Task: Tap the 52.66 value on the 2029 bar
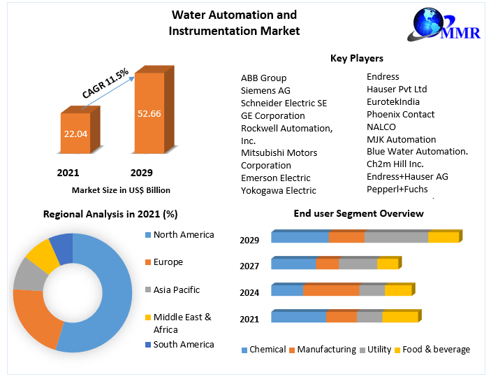[150, 113]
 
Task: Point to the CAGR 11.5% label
[105, 83]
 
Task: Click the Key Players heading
[356, 58]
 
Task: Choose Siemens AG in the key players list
[265, 90]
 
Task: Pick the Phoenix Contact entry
[400, 114]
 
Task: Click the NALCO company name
[381, 127]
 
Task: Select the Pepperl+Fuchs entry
[397, 189]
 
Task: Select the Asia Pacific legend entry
[176, 289]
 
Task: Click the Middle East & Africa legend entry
[182, 323]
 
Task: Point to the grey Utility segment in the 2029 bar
[396, 237]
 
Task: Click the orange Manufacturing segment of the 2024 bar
[330, 290]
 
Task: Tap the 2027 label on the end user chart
[249, 266]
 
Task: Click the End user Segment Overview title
[358, 213]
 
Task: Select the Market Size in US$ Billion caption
[121, 189]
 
